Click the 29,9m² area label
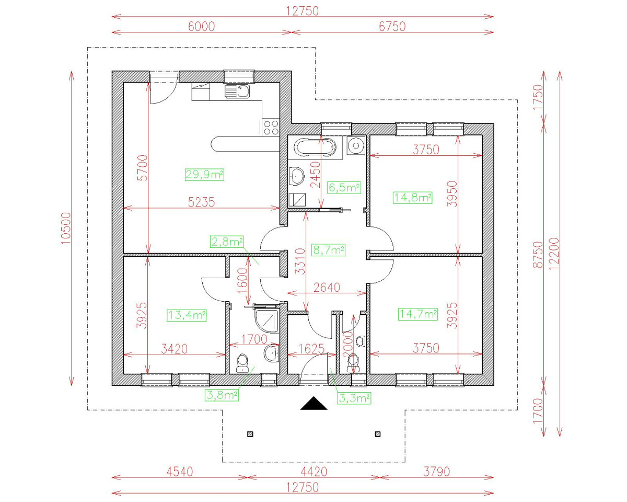pos(204,175)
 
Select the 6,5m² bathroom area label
pos(344,187)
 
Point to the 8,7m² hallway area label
pos(328,250)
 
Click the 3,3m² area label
pos(354,398)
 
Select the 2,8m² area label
pos(227,241)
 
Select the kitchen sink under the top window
pos(238,92)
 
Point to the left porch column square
pos(250,433)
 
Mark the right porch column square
pos(378,433)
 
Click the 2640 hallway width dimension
pos(327,287)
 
